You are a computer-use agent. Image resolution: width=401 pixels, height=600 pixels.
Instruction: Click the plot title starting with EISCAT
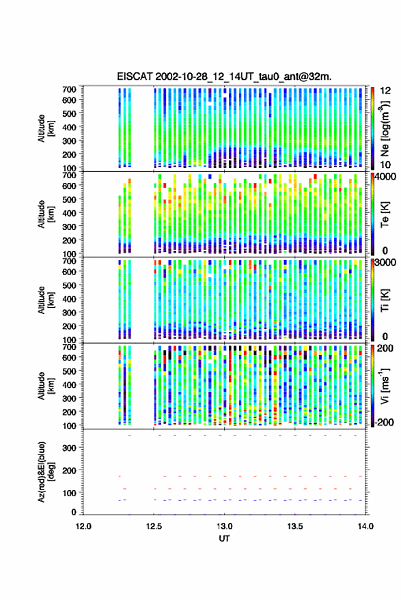pos(224,76)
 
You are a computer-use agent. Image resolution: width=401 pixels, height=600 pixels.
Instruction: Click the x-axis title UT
pos(224,539)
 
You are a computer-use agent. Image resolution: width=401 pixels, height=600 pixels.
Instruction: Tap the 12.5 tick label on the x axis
pos(154,526)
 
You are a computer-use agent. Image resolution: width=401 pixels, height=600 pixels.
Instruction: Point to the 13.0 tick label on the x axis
pos(225,526)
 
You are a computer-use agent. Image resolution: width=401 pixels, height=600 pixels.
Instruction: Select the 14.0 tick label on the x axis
pos(365,526)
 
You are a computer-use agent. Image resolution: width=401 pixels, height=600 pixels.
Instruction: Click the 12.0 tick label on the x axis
pos(83,526)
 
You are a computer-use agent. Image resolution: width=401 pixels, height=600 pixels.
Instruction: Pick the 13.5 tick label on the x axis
pos(295,526)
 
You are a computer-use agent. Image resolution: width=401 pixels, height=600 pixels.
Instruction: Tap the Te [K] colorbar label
pos(385,214)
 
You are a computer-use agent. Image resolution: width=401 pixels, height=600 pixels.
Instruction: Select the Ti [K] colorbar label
pos(385,300)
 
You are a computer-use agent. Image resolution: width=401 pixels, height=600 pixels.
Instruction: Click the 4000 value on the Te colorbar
pos(385,177)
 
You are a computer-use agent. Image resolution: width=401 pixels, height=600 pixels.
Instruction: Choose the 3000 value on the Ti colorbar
pos(385,263)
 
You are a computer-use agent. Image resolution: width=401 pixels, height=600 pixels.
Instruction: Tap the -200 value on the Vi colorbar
pos(384,422)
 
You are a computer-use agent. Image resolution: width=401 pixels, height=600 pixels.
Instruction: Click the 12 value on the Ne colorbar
pos(385,91)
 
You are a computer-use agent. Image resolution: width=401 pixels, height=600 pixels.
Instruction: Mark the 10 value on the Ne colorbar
pos(385,165)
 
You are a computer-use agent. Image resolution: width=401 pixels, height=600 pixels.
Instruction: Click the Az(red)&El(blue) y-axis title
pos(46,472)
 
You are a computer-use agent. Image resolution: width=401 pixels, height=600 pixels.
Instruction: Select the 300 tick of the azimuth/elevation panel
pos(69,448)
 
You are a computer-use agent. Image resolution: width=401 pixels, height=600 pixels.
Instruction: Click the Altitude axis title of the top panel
pos(46,128)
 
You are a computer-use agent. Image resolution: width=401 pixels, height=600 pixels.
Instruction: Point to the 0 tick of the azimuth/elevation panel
pos(74,512)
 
